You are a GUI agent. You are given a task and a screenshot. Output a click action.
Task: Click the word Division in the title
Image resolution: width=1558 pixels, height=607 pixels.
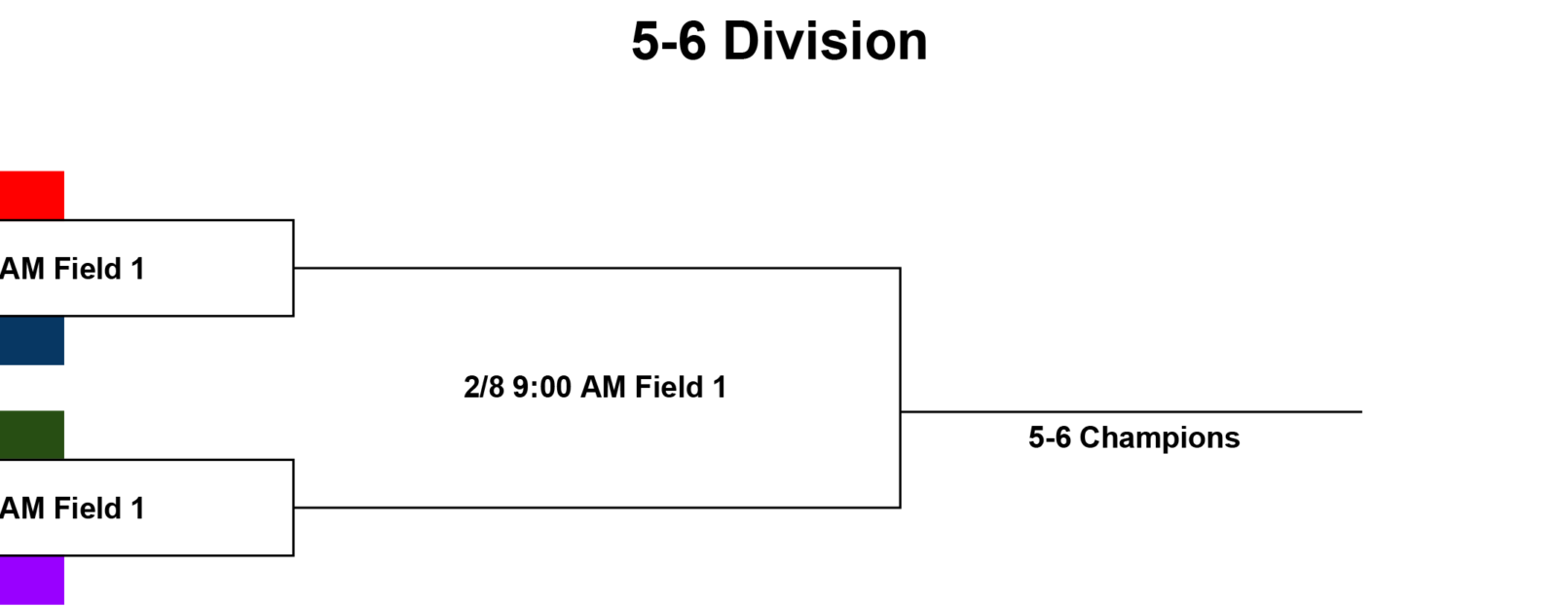point(825,42)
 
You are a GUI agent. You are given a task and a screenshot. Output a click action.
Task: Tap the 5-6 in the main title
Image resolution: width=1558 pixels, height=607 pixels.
point(668,42)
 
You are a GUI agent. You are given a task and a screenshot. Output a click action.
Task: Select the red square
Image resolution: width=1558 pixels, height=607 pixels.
point(32,196)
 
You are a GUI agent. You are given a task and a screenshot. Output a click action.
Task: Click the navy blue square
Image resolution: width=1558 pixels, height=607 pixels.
point(32,340)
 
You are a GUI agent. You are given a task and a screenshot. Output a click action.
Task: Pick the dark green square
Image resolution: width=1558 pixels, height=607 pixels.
point(32,436)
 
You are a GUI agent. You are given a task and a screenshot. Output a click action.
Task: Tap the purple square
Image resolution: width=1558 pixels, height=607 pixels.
point(32,580)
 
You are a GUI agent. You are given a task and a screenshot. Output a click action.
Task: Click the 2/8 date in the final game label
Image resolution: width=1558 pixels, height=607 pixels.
point(484,387)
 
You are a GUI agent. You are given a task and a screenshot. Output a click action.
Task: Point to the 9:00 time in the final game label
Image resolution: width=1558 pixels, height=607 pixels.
point(541,387)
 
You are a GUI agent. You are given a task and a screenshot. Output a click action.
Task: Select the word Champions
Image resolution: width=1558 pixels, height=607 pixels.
point(1160,437)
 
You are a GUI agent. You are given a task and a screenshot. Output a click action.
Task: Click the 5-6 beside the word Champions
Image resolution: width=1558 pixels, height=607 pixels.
point(1050,437)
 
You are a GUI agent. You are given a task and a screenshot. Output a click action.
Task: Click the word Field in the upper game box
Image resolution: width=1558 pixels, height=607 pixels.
point(88,269)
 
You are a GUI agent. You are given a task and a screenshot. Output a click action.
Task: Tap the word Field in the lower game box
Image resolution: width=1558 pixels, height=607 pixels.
point(88,509)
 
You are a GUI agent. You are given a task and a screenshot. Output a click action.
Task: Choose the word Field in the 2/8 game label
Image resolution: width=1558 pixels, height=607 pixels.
point(668,387)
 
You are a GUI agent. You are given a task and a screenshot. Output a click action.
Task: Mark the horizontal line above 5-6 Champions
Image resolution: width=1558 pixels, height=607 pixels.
point(1131,411)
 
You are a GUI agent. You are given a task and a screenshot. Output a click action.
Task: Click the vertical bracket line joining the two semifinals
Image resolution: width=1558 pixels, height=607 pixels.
point(900,388)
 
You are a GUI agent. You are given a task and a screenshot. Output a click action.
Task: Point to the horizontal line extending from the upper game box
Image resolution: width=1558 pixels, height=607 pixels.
point(597,267)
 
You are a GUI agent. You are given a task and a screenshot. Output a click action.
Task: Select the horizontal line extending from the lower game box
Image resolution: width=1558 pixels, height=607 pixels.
point(597,508)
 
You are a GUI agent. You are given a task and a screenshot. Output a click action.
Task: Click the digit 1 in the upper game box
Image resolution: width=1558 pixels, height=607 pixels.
point(137,269)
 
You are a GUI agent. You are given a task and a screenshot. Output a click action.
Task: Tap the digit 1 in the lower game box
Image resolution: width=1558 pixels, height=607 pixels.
point(137,509)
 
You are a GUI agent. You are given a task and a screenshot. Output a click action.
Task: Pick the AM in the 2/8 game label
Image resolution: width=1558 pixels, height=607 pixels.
point(603,387)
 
